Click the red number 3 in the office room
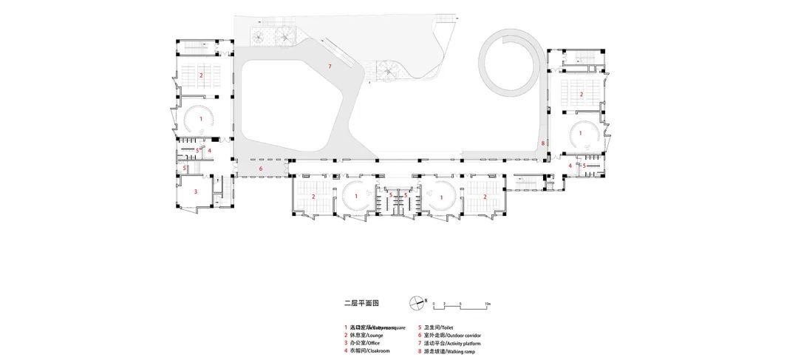[196, 191]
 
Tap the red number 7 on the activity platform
[330, 67]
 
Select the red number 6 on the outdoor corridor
[260, 169]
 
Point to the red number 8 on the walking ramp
[543, 143]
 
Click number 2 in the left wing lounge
[201, 75]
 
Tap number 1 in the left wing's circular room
[200, 118]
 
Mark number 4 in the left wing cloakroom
[210, 151]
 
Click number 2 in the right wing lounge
[582, 94]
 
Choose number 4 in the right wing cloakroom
[570, 166]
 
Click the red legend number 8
[419, 353]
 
